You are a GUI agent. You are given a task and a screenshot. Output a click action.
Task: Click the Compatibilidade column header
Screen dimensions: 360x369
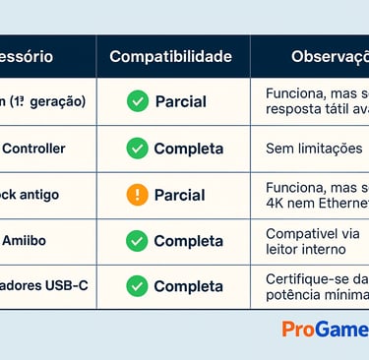pyautogui.click(x=171, y=56)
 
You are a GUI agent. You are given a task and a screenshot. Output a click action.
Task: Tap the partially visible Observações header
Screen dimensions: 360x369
pyautogui.click(x=330, y=56)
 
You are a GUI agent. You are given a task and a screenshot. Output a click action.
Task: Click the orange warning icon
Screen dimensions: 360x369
pyautogui.click(x=138, y=195)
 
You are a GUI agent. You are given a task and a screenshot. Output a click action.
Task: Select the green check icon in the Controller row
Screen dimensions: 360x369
pyautogui.click(x=138, y=149)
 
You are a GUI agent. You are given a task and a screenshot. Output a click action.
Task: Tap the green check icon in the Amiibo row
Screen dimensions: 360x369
pyautogui.click(x=138, y=241)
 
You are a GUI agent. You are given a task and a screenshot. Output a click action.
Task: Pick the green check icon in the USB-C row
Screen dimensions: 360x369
pyautogui.click(x=138, y=286)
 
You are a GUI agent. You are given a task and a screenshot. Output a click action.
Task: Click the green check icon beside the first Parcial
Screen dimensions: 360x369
pyautogui.click(x=138, y=101)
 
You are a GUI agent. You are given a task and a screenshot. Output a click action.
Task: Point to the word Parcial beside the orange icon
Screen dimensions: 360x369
pyautogui.click(x=180, y=195)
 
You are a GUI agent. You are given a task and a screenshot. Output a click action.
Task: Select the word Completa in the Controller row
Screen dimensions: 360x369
pyautogui.click(x=188, y=149)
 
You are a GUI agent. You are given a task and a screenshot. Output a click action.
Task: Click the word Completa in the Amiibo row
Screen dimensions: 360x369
pyautogui.click(x=188, y=241)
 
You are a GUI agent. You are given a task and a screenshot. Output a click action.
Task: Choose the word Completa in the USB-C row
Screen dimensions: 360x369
pyautogui.click(x=188, y=286)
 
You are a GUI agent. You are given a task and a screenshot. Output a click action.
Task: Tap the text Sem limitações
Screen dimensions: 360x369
pyautogui.click(x=314, y=149)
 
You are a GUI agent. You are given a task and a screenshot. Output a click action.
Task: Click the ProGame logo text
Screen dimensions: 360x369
pyautogui.click(x=325, y=330)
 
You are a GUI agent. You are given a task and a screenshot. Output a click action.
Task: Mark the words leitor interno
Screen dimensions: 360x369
pyautogui.click(x=306, y=250)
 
